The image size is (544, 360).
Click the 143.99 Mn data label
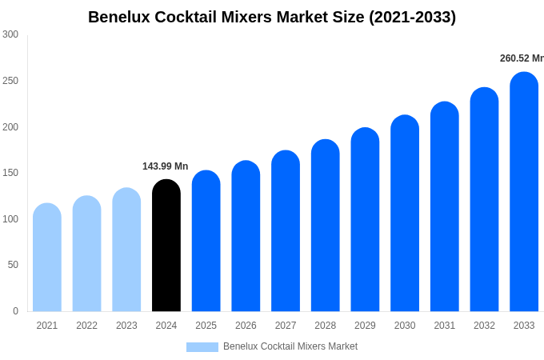(x=165, y=166)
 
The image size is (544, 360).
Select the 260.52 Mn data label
(x=522, y=58)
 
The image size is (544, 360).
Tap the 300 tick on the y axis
(x=10, y=34)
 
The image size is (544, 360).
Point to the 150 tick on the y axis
(x=10, y=173)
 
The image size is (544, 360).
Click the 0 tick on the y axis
(x=15, y=311)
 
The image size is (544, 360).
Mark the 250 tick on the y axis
(x=10, y=81)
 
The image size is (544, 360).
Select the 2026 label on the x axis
(x=246, y=326)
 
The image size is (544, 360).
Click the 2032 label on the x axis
(x=484, y=326)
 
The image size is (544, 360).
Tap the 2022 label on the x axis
(x=86, y=326)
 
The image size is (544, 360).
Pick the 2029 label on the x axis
(x=365, y=326)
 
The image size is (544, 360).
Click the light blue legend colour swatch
(x=202, y=347)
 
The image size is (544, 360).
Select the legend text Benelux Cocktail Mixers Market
(x=290, y=346)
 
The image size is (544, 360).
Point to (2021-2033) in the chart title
(x=412, y=17)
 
